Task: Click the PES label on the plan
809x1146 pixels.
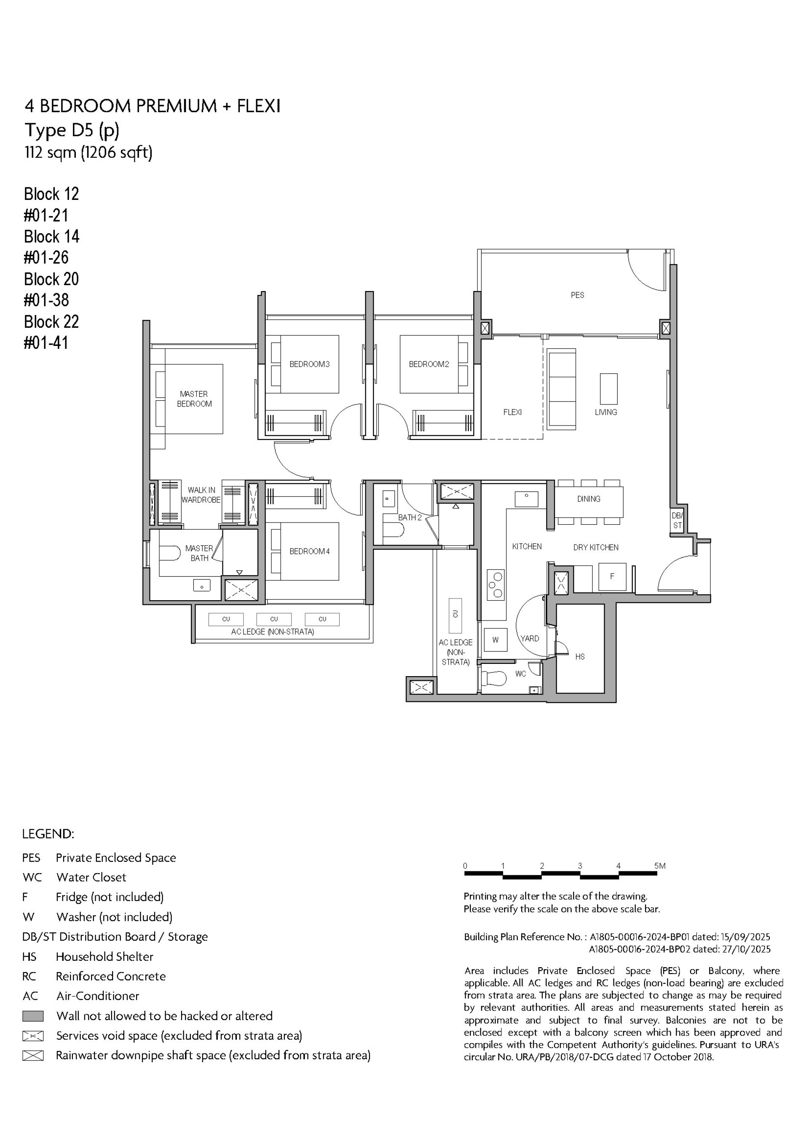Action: [577, 295]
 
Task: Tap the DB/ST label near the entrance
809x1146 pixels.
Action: [677, 520]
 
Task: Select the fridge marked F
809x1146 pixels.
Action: [612, 577]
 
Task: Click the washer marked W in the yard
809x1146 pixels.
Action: [495, 640]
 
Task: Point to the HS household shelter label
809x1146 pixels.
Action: [579, 657]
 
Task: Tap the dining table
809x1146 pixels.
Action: [589, 501]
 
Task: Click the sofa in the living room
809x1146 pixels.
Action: [561, 389]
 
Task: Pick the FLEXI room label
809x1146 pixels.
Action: [512, 412]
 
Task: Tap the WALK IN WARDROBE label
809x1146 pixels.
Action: [201, 495]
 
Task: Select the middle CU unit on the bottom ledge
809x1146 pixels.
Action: [274, 619]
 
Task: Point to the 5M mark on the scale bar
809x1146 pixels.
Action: [659, 866]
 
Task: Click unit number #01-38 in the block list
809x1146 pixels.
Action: [46, 300]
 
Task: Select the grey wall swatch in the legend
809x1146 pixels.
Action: [33, 1016]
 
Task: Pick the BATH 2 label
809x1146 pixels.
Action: [410, 518]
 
